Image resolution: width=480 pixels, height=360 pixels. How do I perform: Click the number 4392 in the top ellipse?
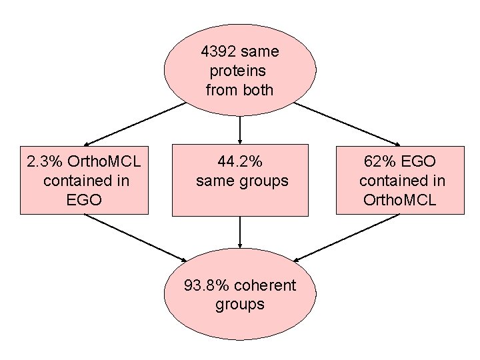tap(219, 51)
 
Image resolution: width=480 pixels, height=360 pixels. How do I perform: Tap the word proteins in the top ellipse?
tap(237, 71)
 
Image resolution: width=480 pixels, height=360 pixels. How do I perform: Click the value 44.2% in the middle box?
tap(240, 161)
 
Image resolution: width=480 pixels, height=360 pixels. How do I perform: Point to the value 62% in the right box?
tap(377, 161)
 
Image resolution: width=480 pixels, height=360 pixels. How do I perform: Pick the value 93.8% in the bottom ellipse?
tap(208, 285)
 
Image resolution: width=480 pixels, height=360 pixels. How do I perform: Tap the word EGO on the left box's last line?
tap(84, 199)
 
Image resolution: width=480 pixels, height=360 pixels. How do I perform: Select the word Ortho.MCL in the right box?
tap(399, 199)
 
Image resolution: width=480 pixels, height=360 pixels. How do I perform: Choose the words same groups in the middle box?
tap(242, 181)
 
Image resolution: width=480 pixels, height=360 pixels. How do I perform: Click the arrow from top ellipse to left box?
tap(133, 124)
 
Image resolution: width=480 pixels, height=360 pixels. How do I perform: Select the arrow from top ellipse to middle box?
tap(240, 130)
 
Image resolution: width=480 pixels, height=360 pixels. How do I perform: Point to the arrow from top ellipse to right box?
tap(347, 124)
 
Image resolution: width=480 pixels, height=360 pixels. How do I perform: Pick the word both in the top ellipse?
tap(259, 90)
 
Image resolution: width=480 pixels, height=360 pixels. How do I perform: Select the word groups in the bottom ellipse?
tap(240, 305)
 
